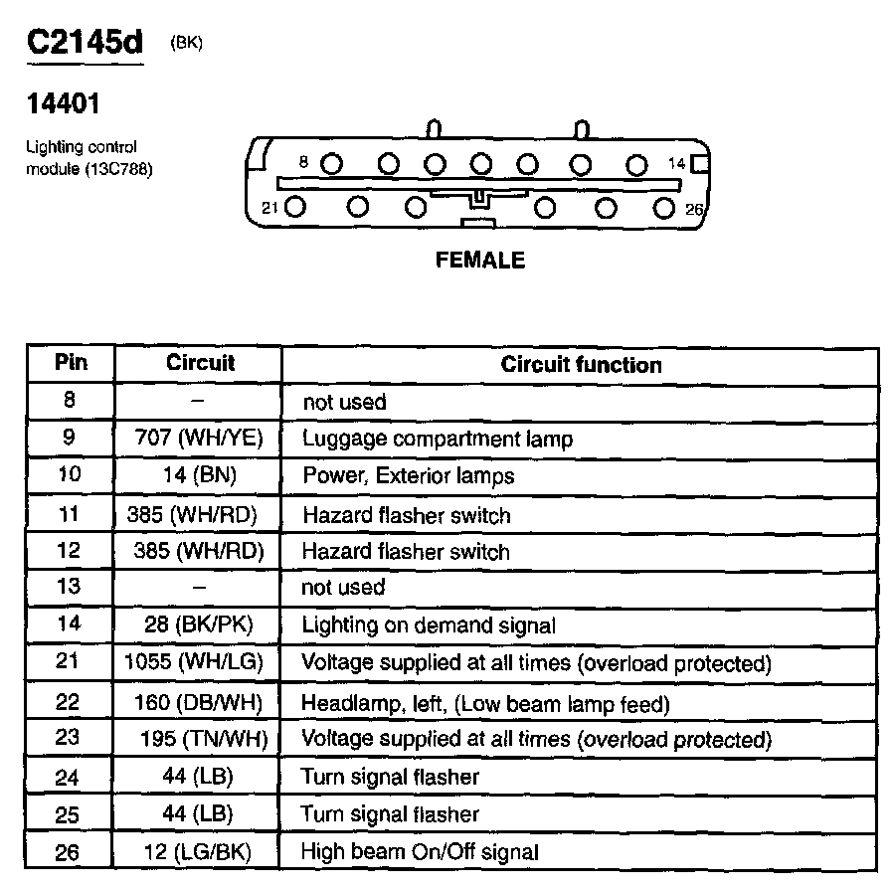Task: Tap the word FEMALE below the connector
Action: tap(480, 261)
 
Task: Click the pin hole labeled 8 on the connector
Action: tap(332, 163)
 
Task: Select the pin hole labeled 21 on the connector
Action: tap(295, 207)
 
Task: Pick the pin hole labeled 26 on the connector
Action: tap(664, 207)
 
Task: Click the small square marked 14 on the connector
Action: tap(700, 163)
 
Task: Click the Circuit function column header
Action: tap(581, 364)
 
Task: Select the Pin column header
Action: tap(71, 362)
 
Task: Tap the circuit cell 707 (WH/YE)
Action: tap(199, 438)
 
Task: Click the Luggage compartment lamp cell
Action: tap(438, 439)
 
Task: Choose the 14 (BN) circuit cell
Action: tap(199, 475)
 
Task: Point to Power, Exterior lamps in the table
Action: tap(408, 476)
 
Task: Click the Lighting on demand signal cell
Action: tap(428, 625)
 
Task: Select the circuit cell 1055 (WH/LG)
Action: tap(199, 662)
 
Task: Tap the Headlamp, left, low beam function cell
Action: tap(485, 703)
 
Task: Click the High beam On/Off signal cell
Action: tap(420, 851)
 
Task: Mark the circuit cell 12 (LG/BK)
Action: tap(199, 851)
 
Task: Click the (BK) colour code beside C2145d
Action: tap(187, 43)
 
